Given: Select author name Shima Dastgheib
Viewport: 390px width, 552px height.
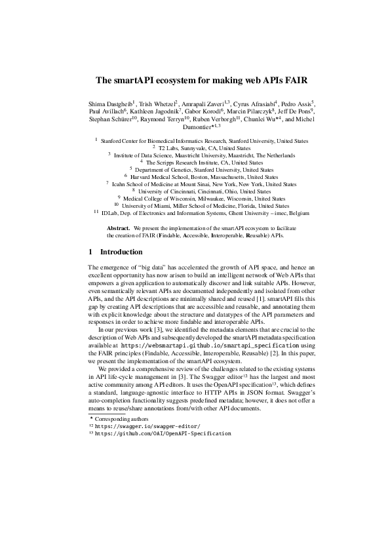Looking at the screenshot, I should (109, 104).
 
